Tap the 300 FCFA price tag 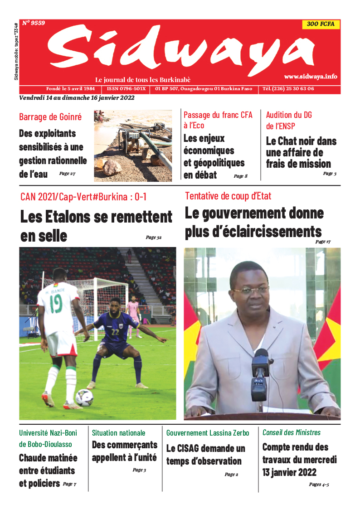pos(321,24)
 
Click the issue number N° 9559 pos(34,23)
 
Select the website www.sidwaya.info pos(311,77)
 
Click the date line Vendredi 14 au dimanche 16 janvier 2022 pos(77,97)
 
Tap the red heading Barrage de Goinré pos(50,117)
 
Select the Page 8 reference pos(240,176)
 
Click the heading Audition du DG pos(289,115)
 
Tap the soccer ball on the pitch pos(84,398)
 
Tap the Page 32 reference pos(153,237)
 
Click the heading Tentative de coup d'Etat pos(228,196)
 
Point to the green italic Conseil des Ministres pos(292,432)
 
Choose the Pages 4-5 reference pos(319,485)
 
